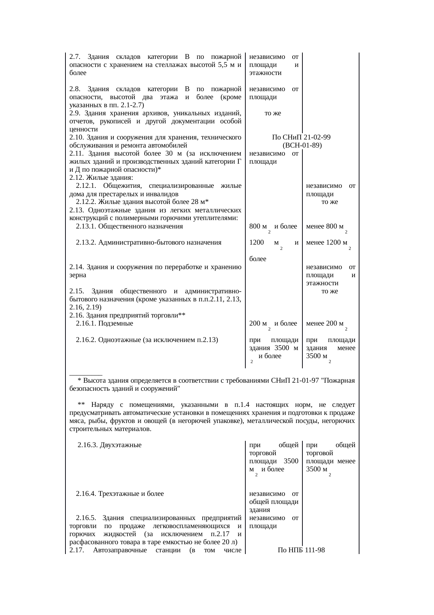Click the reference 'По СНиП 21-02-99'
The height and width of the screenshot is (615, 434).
pos(301,137)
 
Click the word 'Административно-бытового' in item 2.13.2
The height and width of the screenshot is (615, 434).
pos(160,242)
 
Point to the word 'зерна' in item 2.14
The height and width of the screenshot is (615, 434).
pos(78,275)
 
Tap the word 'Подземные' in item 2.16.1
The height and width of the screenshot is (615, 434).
pos(115,323)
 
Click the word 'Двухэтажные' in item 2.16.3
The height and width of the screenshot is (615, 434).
pos(121,445)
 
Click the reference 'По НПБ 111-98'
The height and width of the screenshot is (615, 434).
pos(301,551)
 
